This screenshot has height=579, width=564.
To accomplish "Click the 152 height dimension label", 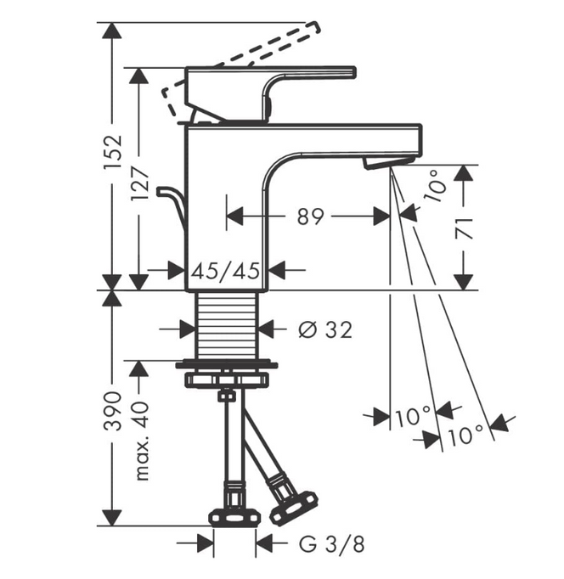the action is pyautogui.click(x=113, y=152).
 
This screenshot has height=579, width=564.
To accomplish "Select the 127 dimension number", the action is pyautogui.click(x=139, y=184).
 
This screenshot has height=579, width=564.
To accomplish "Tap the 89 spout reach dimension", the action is pyautogui.click(x=310, y=216).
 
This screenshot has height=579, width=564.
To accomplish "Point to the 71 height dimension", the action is pyautogui.click(x=464, y=229).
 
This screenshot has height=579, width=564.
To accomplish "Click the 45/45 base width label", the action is pyautogui.click(x=226, y=271).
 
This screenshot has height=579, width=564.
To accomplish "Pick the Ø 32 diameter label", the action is pyautogui.click(x=325, y=329).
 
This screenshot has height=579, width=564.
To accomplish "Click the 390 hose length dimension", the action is pyautogui.click(x=113, y=411).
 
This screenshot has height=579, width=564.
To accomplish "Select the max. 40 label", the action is pyautogui.click(x=142, y=441).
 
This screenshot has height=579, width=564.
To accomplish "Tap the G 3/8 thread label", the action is pyautogui.click(x=331, y=544).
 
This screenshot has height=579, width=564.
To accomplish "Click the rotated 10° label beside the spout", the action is pyautogui.click(x=436, y=186).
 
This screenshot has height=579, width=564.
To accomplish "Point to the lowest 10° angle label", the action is pyautogui.click(x=465, y=436).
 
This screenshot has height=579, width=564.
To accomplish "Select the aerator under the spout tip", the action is pyautogui.click(x=388, y=163).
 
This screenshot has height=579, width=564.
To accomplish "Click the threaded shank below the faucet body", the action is pyautogui.click(x=227, y=325).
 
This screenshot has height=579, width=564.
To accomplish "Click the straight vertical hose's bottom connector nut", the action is pyautogui.click(x=234, y=517).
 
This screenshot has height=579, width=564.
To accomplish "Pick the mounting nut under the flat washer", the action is pyautogui.click(x=227, y=379).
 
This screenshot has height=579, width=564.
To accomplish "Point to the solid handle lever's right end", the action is pyautogui.click(x=355, y=72).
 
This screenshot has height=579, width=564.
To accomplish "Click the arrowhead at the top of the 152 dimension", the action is pyautogui.click(x=112, y=31).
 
